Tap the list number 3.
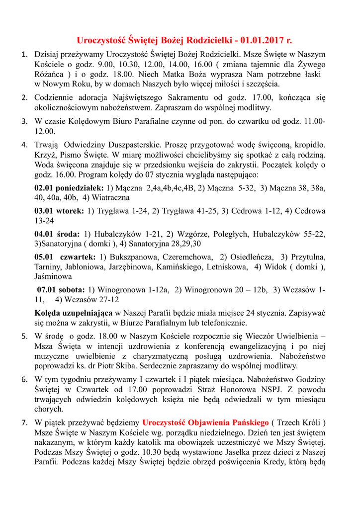[24, 121]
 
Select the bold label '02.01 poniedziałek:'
[69, 188]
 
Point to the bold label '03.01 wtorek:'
[59, 211]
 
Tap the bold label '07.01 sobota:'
[61, 289]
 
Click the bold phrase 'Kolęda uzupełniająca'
[73, 313]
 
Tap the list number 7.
[24, 423]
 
